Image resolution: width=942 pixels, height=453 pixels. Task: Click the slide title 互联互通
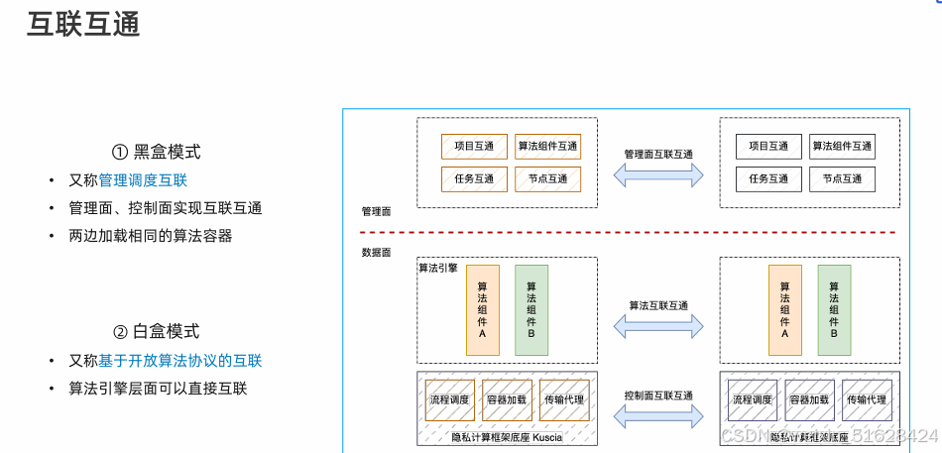(82, 25)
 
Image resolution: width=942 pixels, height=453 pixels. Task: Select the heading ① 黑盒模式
(156, 152)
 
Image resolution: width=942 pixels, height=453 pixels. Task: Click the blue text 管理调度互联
(143, 180)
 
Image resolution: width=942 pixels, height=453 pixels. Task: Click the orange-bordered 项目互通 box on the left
(474, 147)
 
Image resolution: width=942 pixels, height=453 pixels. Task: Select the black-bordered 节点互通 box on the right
(842, 179)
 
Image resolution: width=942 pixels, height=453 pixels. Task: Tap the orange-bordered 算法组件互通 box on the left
(547, 147)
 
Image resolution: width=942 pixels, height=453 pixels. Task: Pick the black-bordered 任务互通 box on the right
(768, 179)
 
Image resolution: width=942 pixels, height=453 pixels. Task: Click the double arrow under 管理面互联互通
(658, 175)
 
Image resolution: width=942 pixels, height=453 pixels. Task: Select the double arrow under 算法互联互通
(658, 325)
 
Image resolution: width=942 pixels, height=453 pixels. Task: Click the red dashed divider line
(635, 233)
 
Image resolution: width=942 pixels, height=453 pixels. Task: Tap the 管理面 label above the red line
(377, 212)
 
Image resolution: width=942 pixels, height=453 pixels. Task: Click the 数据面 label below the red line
(377, 254)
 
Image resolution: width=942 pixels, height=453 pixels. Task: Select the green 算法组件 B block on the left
(530, 309)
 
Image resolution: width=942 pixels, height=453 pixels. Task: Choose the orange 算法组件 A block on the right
(784, 309)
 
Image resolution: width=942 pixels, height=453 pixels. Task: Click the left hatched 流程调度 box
(449, 400)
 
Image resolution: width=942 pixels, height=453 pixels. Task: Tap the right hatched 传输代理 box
(867, 400)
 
